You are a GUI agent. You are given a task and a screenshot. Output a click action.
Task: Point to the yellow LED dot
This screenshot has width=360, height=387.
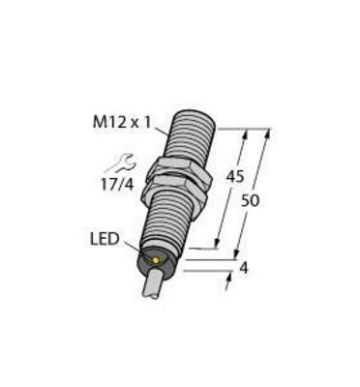pyautogui.click(x=154, y=260)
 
